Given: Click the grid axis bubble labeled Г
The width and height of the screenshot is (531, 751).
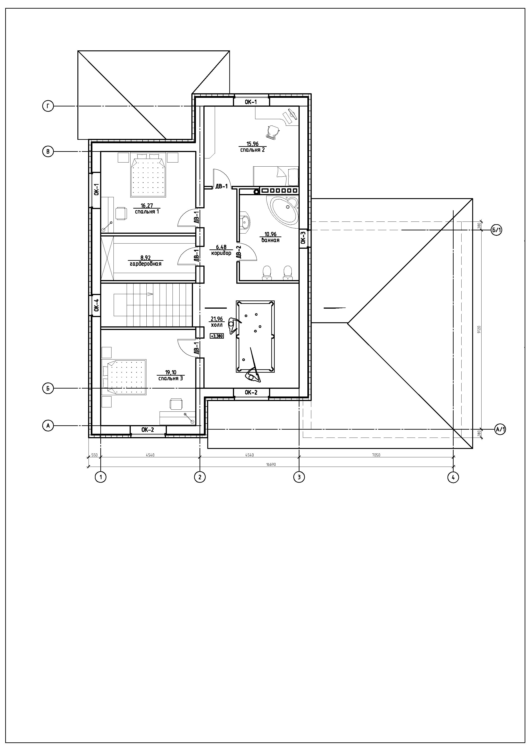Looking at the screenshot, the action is (48, 106).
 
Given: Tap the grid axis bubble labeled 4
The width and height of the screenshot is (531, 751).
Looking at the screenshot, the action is (453, 478).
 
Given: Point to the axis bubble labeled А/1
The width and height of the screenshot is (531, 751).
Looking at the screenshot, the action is (500, 429).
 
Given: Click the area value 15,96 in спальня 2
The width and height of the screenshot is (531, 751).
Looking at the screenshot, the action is (253, 144).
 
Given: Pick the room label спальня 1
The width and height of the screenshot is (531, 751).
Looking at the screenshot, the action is (147, 212).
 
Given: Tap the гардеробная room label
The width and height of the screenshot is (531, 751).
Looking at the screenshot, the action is (146, 264).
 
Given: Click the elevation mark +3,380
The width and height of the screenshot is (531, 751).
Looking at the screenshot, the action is (217, 336).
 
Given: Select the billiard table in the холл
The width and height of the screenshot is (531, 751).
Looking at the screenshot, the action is (255, 337).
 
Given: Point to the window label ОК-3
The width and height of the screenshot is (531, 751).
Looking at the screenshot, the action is (303, 238).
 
